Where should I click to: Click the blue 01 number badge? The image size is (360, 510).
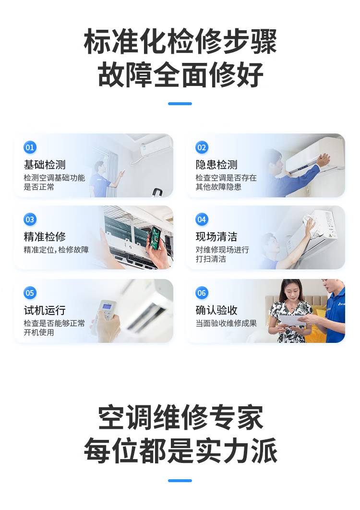30,147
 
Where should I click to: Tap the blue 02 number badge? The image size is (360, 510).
202,147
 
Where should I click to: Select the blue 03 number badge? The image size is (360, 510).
30,219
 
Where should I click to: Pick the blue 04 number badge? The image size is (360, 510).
202,219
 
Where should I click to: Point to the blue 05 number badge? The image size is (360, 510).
30,293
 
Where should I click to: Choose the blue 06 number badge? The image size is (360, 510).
202,293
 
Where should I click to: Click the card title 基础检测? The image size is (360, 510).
45,165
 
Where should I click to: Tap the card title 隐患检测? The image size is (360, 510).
216,165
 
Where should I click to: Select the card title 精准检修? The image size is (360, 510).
45,237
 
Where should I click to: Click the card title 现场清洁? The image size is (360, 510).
216,237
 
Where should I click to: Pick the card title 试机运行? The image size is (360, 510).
45,310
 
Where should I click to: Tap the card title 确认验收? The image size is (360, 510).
216,310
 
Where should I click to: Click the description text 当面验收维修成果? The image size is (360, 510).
226,324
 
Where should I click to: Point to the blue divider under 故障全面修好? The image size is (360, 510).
180,104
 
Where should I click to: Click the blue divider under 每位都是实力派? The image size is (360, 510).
180,481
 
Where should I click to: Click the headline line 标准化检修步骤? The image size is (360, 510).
180,42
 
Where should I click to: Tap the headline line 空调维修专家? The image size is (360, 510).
180,418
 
